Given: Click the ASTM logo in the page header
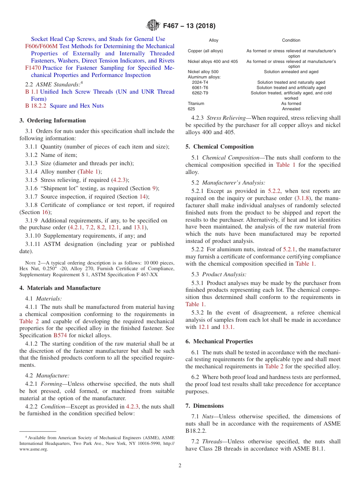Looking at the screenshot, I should (153, 26).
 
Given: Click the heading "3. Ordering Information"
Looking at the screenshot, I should (52, 121).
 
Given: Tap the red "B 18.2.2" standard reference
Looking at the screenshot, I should (36, 106).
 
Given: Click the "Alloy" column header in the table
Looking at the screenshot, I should (214, 40).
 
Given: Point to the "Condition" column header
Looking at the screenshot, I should (291, 40).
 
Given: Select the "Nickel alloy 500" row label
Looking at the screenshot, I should (203, 72).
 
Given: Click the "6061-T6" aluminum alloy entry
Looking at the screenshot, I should (200, 88).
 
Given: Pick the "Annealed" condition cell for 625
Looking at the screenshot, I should (291, 109).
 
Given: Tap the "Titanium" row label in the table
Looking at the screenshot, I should (196, 103).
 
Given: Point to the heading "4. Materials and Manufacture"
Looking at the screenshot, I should (60, 288).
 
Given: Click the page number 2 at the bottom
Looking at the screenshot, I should (180, 466).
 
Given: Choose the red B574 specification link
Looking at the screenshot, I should (60, 335).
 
